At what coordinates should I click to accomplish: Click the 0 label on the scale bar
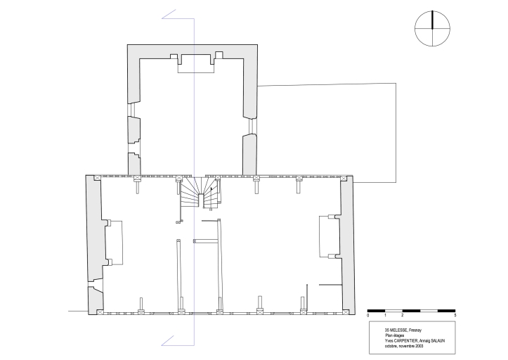(x=368, y=315)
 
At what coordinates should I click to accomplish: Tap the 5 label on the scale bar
(x=455, y=315)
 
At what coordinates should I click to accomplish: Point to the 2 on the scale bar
(x=403, y=315)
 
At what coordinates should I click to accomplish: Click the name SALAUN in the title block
(x=438, y=341)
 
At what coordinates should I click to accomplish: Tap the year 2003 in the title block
(x=419, y=346)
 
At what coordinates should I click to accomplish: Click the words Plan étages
(x=395, y=335)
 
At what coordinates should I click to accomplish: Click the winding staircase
(x=200, y=193)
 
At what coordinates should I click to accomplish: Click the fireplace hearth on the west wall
(x=115, y=243)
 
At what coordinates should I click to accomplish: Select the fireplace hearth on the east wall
(x=330, y=236)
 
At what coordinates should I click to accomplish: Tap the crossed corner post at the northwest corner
(x=97, y=178)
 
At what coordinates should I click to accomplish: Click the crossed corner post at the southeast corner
(x=346, y=312)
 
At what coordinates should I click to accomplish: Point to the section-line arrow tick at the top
(x=169, y=14)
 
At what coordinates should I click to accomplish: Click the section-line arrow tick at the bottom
(x=168, y=340)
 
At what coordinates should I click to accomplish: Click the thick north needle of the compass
(x=433, y=20)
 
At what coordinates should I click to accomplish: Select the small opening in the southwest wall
(x=96, y=284)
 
